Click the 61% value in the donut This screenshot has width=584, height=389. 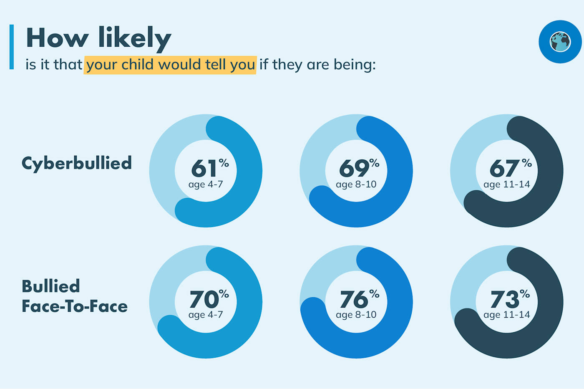(209, 168)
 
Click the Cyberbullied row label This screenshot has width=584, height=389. (77, 163)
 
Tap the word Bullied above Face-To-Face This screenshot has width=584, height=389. (51, 286)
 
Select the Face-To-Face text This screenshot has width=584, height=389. (75, 306)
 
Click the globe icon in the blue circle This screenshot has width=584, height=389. (560, 42)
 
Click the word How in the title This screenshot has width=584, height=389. (57, 38)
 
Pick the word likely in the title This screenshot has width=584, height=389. (135, 39)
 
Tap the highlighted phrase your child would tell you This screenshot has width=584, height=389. (170, 65)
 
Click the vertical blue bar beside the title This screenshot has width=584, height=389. (12, 47)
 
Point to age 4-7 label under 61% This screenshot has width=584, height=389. (206, 184)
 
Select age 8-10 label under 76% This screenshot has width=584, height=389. (356, 315)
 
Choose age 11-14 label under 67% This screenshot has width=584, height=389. (506, 184)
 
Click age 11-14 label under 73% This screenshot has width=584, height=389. (506, 315)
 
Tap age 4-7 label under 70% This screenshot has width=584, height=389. (206, 315)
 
